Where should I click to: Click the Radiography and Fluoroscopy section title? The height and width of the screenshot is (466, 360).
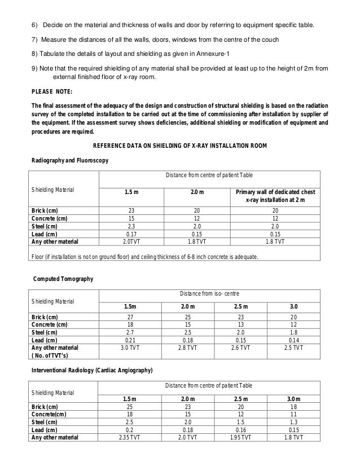click(x=68, y=161)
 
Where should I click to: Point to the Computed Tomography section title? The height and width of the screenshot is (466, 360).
click(x=63, y=279)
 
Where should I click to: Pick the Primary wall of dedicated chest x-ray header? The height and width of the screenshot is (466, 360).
click(x=276, y=196)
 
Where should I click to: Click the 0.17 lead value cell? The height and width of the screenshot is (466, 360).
click(x=131, y=234)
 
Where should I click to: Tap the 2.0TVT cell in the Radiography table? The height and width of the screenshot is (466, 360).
click(x=131, y=241)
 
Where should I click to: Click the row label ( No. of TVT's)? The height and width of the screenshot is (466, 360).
click(x=53, y=355)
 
